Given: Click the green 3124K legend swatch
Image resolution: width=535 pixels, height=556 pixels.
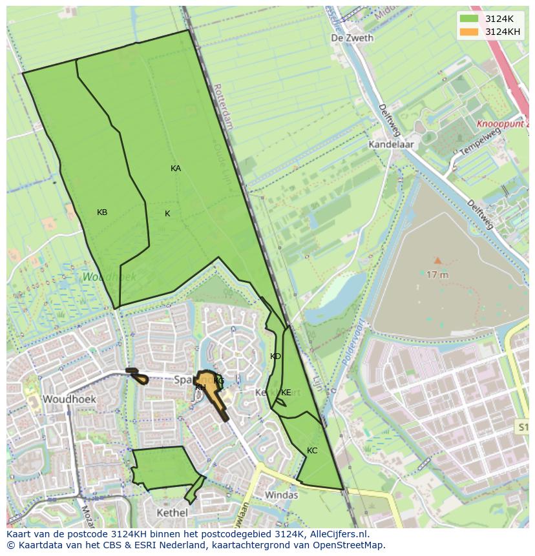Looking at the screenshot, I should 469,19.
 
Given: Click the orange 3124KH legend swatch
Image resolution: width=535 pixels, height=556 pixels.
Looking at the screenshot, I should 469,32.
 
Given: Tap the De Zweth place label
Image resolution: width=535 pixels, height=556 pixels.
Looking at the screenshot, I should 352,38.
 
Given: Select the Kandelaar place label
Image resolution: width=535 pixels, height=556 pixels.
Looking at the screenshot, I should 391,145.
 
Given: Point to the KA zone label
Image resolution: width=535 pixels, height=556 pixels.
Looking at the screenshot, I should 176,169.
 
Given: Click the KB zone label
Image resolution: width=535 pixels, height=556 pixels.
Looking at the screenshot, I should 102,212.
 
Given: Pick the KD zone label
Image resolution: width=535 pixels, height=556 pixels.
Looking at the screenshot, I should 275,356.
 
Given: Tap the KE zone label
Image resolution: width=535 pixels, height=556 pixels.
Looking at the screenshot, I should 286,393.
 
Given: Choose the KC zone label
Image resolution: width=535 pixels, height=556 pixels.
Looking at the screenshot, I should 312,451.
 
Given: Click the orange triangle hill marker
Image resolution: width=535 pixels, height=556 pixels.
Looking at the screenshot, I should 437,260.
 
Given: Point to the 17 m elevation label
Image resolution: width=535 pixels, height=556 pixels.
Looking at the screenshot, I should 437,274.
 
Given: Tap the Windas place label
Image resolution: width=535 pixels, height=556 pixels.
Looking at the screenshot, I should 282,495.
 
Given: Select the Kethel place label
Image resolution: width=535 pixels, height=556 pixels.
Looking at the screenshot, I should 173,513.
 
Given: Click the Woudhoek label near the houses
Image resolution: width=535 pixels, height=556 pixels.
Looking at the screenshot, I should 69,399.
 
